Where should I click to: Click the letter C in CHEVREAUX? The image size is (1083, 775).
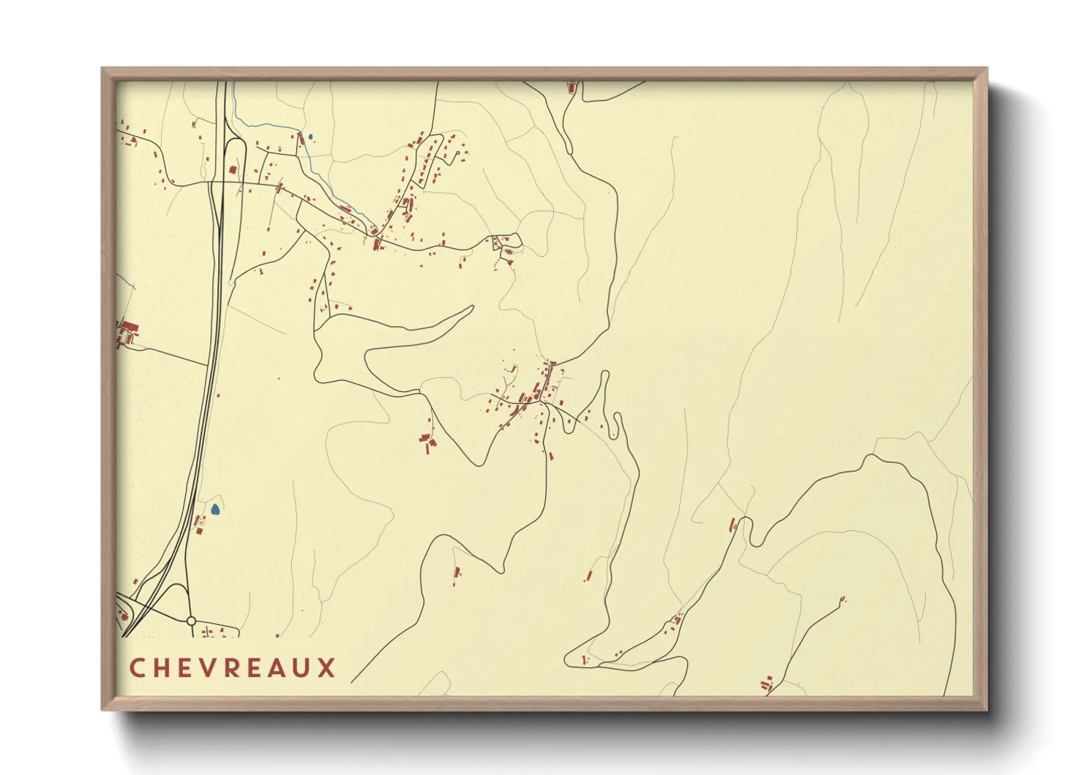click(137, 668)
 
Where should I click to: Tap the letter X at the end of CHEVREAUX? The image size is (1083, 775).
click(326, 668)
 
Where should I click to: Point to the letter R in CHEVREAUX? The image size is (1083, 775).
click(233, 668)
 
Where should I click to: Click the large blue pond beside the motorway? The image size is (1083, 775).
click(215, 508)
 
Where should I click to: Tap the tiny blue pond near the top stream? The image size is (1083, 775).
click(310, 136)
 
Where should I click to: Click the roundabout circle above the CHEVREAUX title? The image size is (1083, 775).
click(191, 620)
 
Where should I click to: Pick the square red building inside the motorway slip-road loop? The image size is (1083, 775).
click(233, 170)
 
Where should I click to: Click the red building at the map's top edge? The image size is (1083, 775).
click(572, 87)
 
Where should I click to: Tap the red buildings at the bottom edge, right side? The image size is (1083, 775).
click(767, 685)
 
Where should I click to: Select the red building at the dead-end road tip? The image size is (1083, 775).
click(843, 599)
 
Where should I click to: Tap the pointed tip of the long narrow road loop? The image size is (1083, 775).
click(473, 307)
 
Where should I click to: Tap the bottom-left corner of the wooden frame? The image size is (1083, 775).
click(103, 709)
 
